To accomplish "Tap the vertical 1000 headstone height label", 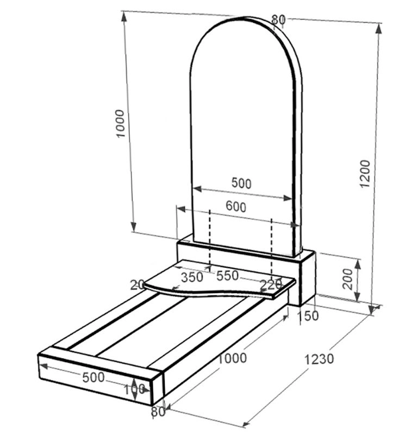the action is pyautogui.click(x=120, y=123).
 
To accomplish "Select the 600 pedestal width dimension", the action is pyautogui.click(x=236, y=207).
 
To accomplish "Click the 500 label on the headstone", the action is pyautogui.click(x=241, y=183).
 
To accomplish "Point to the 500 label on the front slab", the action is pyautogui.click(x=93, y=377).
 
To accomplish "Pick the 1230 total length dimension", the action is pyautogui.click(x=319, y=359).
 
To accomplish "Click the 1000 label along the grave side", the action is pyautogui.click(x=232, y=358).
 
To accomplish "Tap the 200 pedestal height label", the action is pyautogui.click(x=347, y=279).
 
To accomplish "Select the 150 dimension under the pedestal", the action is pyautogui.click(x=308, y=316).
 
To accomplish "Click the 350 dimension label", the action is pyautogui.click(x=192, y=277).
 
